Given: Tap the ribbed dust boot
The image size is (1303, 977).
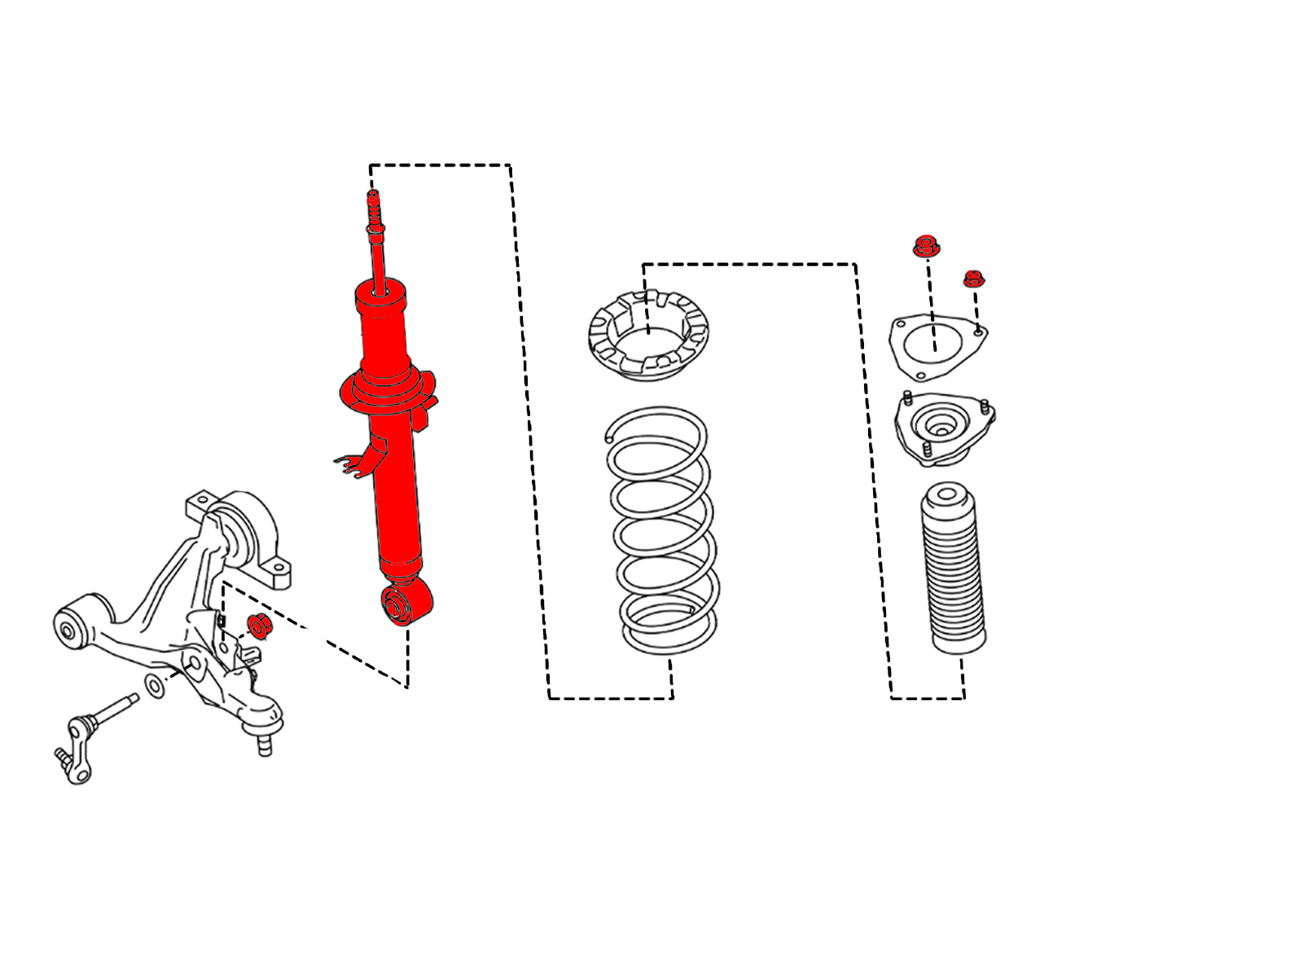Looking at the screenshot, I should point(954,570).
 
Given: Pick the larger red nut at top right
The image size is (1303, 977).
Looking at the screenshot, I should point(926,246).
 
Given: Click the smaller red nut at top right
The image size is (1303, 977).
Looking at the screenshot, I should point(973,279).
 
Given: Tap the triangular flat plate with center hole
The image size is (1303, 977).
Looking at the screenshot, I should point(937,346).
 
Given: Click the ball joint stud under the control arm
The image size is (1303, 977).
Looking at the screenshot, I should point(264,743).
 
